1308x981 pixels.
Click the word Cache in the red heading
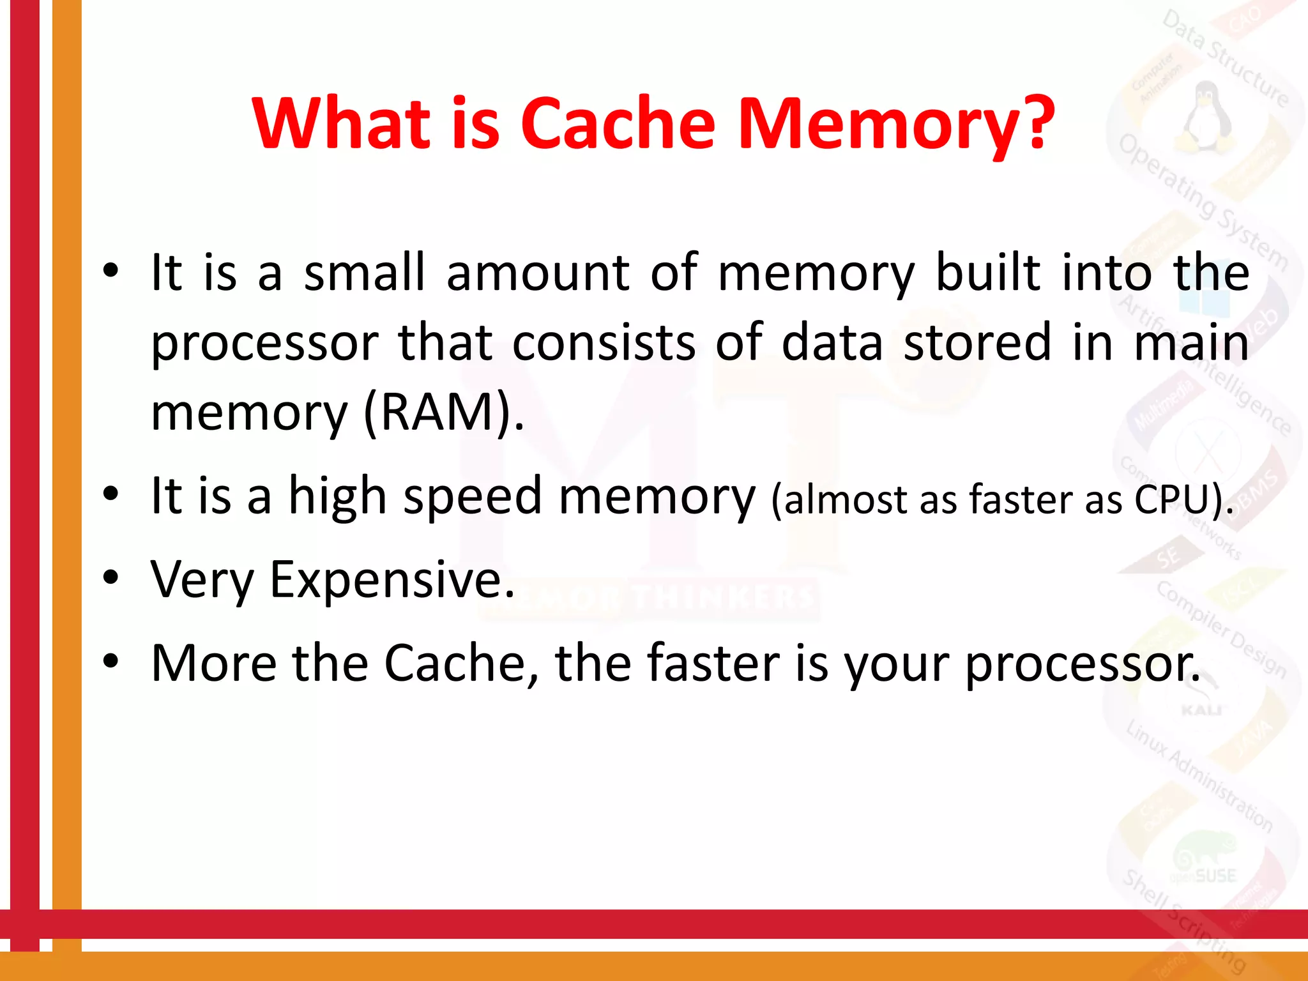pos(618,123)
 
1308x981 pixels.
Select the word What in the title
pos(342,123)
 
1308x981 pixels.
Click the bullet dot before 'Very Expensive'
pos(111,577)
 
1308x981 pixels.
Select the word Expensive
pos(392,579)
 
